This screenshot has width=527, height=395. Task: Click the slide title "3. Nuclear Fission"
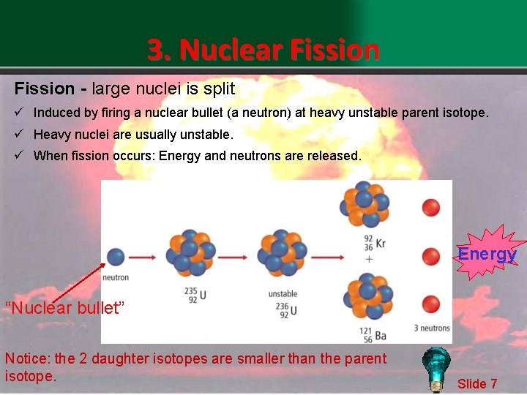[x=263, y=50]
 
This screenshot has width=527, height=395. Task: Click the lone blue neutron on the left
[x=116, y=257]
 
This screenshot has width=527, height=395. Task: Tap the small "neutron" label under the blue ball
[x=116, y=277]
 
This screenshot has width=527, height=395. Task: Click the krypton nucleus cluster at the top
[x=363, y=205]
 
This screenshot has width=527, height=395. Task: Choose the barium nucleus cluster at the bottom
[x=365, y=296]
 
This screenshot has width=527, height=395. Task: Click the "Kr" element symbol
[x=380, y=243]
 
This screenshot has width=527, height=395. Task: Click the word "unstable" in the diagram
[x=283, y=293]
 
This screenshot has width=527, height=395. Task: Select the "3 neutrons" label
[x=431, y=327]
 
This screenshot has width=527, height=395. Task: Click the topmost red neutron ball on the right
[x=431, y=207]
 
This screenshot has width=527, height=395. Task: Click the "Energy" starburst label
[x=487, y=254]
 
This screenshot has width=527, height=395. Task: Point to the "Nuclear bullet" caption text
[x=65, y=307]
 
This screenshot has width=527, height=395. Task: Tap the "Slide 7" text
[x=477, y=383]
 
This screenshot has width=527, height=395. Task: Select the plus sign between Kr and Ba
[x=369, y=259]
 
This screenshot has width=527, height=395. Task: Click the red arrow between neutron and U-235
[x=145, y=257]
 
